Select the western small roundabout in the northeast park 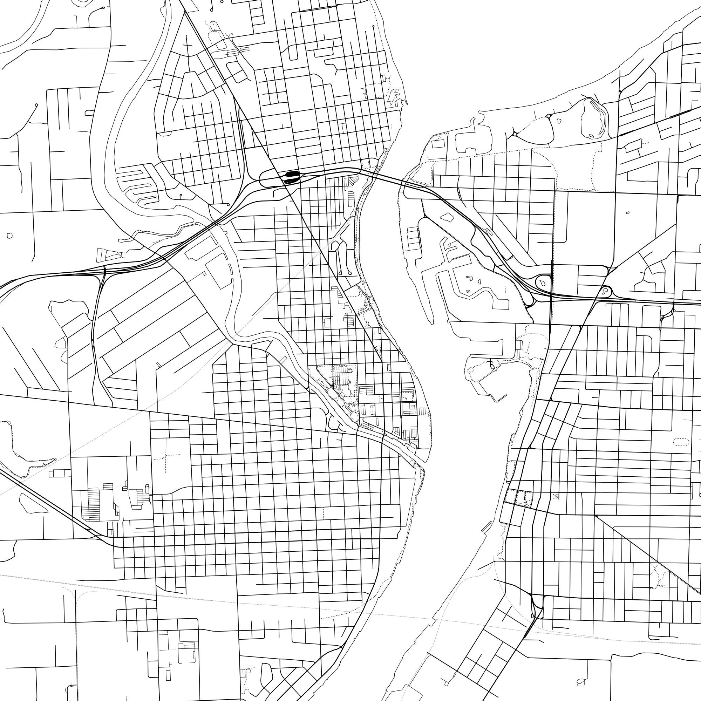515,134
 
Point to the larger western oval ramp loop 543,281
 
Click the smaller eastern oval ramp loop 605,291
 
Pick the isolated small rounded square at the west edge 10,236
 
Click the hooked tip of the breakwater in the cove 505,396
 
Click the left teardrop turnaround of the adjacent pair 340,272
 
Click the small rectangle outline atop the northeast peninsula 438,144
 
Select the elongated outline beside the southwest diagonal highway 33,503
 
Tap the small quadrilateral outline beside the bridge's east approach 446,217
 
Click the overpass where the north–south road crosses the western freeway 104,270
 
